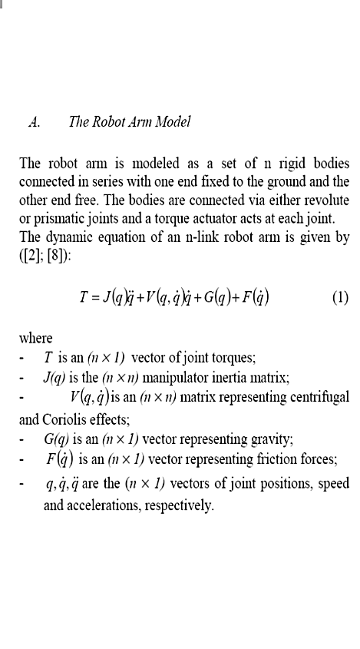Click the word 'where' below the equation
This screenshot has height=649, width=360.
pos(35,339)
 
